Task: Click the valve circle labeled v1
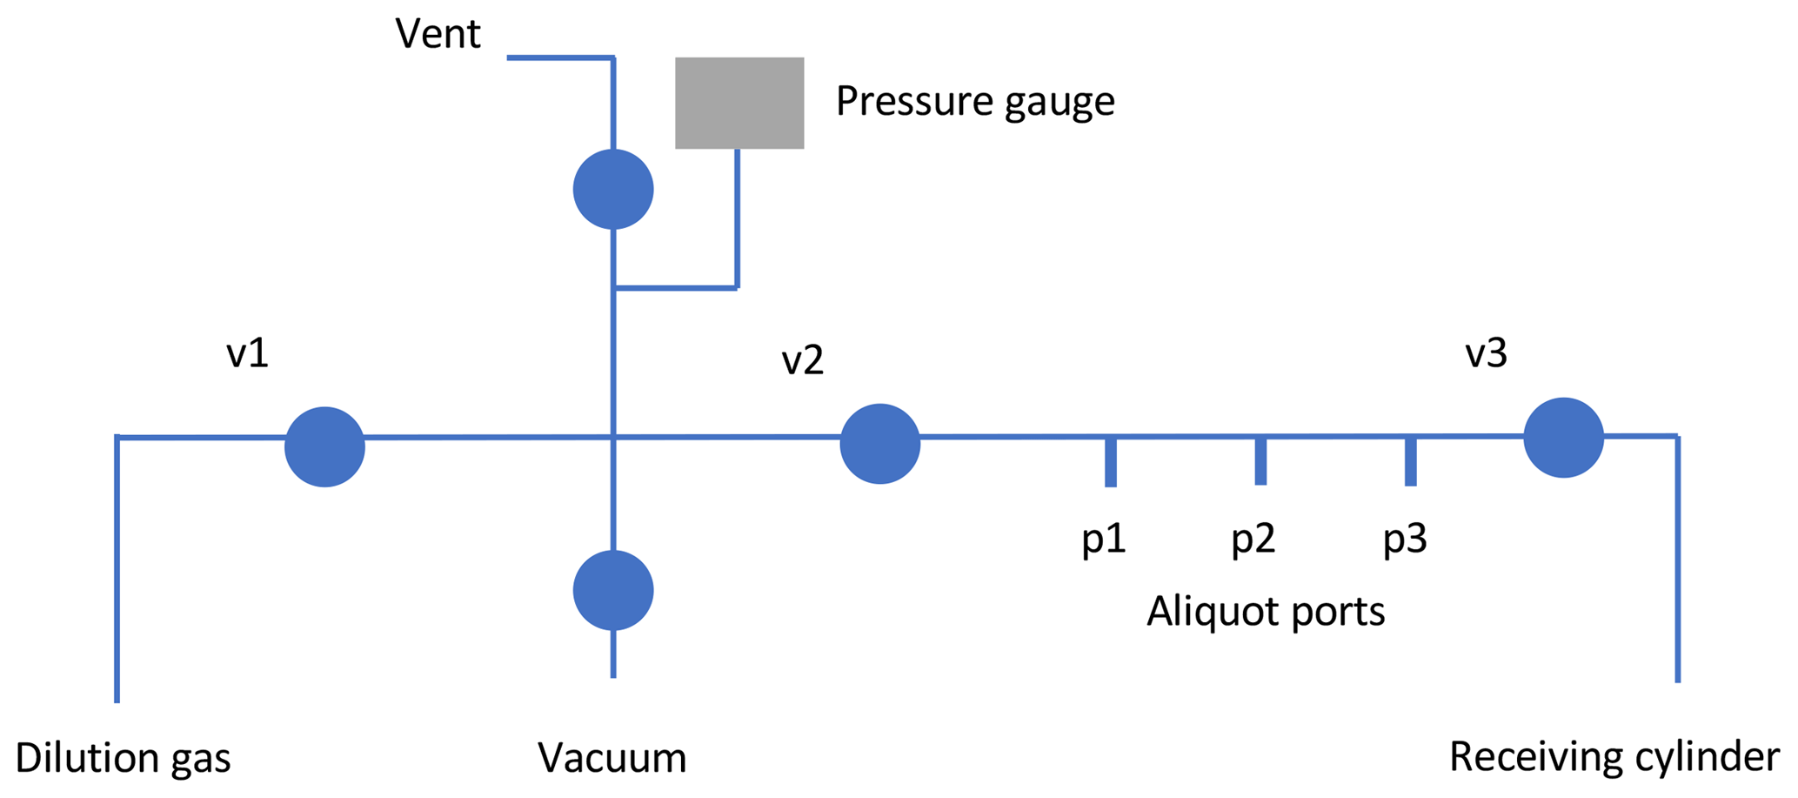click(324, 446)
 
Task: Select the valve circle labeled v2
click(880, 444)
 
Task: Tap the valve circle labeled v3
click(1563, 438)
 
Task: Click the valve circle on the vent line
click(613, 189)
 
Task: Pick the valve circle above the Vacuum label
click(613, 590)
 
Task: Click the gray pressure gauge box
click(739, 103)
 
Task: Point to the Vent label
click(438, 35)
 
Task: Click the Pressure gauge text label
click(975, 102)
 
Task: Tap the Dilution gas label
click(123, 758)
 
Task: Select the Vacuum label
click(612, 758)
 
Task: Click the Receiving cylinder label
click(1614, 757)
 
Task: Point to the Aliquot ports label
click(1265, 612)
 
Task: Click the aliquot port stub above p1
click(1111, 462)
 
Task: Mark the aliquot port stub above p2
click(1260, 461)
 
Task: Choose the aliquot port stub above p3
click(1411, 461)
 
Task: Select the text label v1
click(247, 353)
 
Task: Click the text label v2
click(802, 359)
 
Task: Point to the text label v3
click(1486, 353)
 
